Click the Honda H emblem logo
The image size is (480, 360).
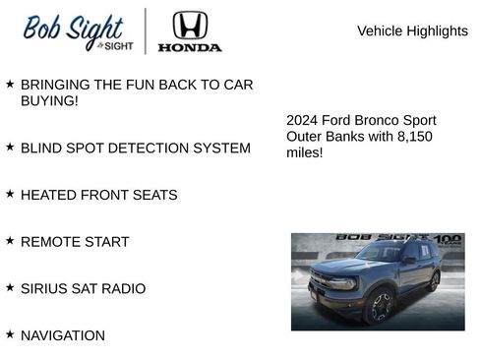click(x=190, y=25)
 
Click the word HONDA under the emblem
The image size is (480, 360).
click(x=190, y=46)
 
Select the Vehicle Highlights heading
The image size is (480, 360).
click(x=412, y=30)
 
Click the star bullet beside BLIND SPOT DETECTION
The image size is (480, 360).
click(x=10, y=147)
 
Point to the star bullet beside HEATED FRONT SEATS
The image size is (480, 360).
click(x=10, y=194)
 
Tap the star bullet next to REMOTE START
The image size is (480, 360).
click(x=10, y=241)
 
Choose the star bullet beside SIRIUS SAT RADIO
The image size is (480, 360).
click(x=10, y=287)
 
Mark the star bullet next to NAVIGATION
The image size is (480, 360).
click(x=10, y=334)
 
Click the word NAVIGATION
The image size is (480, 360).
click(x=62, y=335)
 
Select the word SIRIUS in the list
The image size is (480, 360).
click(x=45, y=288)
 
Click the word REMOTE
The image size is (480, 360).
click(x=50, y=242)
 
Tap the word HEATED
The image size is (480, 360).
click(x=48, y=195)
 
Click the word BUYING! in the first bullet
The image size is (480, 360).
click(x=49, y=100)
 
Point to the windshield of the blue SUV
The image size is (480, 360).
click(x=377, y=253)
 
